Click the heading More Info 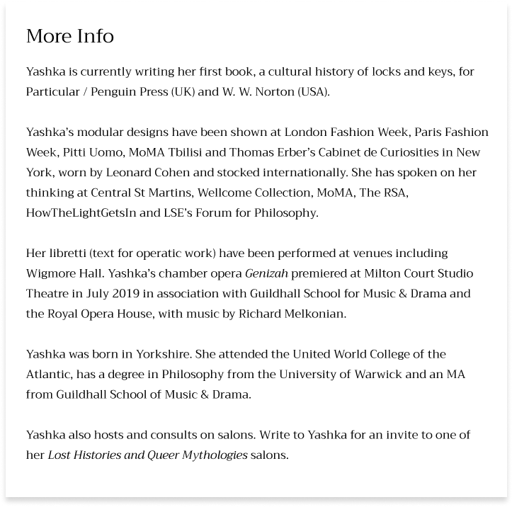click(69, 36)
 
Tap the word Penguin click(108, 91)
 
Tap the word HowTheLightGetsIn click(79, 212)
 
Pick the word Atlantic click(50, 374)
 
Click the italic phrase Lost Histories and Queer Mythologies click(147, 455)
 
